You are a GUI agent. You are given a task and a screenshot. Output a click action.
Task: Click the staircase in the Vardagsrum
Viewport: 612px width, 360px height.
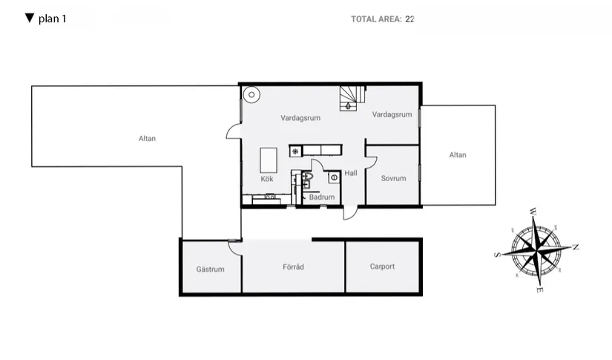350,98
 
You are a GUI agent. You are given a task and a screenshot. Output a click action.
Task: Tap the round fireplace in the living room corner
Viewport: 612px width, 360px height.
251,94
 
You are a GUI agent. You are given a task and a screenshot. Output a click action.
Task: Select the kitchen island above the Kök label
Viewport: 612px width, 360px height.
268,159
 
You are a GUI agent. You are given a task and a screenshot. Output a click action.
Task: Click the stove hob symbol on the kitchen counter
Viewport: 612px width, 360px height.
295,151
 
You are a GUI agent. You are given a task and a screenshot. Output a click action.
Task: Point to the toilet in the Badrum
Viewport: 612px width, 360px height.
309,176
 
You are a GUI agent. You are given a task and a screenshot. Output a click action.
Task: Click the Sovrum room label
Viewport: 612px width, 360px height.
393,179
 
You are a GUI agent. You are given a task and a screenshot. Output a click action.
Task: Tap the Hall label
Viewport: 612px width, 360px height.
351,173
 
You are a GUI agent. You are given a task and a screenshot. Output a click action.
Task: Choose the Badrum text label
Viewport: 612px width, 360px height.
322,197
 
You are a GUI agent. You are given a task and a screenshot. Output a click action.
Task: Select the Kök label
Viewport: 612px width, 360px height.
267,180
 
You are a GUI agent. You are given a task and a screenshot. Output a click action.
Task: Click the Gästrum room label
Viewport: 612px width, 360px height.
210,269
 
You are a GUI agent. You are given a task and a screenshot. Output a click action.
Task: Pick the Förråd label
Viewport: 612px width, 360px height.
294,267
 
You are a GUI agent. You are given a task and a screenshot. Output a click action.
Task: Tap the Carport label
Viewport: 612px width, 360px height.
382,266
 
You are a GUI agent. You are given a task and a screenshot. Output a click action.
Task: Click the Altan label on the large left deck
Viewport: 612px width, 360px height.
147,138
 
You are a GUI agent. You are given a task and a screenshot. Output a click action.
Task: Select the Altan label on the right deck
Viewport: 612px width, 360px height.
458,155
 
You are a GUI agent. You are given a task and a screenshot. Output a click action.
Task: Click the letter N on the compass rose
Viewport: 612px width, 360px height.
576,247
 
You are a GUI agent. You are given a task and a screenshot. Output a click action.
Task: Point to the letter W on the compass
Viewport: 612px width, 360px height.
532,212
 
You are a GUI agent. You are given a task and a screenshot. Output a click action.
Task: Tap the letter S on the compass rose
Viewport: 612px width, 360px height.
496,255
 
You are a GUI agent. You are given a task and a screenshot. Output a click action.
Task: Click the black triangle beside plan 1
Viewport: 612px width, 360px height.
30,18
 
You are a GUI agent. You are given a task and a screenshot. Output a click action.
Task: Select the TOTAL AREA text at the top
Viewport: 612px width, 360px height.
376,19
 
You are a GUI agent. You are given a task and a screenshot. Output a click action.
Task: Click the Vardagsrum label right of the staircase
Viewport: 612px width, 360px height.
392,115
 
